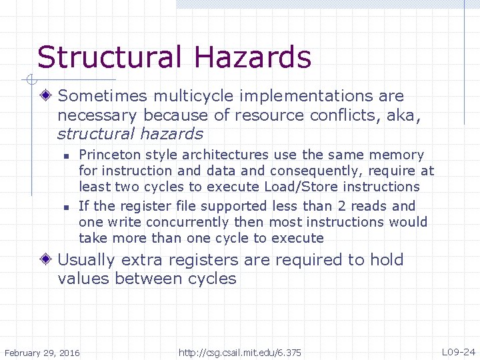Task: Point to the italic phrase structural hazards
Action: click(x=130, y=133)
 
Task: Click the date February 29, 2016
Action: click(x=41, y=352)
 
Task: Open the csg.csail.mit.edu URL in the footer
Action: click(x=240, y=352)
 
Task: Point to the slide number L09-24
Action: click(x=458, y=351)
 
